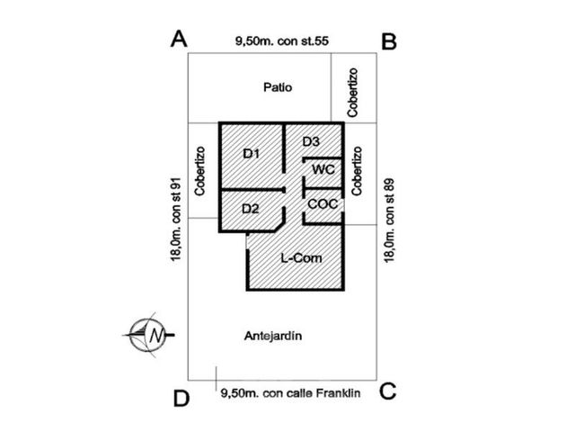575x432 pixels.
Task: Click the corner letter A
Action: [x=179, y=39]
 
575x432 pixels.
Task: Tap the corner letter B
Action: [x=389, y=41]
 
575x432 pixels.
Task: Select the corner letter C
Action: [x=387, y=391]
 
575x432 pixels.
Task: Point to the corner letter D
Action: [x=181, y=398]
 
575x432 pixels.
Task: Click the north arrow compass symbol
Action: [x=148, y=335]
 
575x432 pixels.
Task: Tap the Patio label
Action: [x=278, y=87]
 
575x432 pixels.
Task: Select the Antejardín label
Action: [x=273, y=336]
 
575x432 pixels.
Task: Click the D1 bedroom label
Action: [x=252, y=154]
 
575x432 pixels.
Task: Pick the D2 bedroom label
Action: [x=251, y=209]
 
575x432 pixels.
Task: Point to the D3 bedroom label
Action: [x=311, y=141]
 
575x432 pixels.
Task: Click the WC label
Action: [x=323, y=170]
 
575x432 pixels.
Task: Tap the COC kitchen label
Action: [x=323, y=204]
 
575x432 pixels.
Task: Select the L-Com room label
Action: [x=301, y=258]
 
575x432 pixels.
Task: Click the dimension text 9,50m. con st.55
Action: [x=281, y=40]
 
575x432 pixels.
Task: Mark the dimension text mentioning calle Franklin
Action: [x=290, y=393]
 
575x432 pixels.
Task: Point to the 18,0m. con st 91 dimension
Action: [x=176, y=220]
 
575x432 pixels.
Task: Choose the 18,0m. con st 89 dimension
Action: [x=389, y=220]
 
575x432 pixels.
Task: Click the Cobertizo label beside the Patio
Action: [x=353, y=93]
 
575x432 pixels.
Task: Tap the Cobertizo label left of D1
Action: [x=199, y=171]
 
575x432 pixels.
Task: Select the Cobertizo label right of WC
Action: [x=357, y=171]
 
